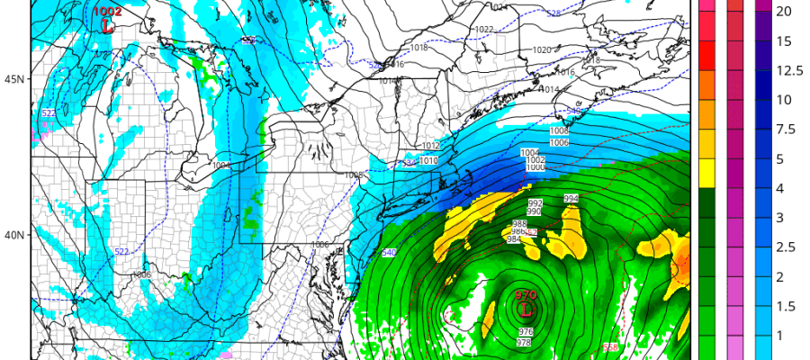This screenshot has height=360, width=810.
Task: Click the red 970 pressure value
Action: pos(526,295)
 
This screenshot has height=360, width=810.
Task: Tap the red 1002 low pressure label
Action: pos(107,12)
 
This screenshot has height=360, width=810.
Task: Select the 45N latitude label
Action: pos(13,79)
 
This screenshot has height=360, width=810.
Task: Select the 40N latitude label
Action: pos(13,235)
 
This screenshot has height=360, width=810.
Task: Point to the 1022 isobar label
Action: pos(484,30)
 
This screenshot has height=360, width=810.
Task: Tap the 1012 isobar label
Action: pos(430,146)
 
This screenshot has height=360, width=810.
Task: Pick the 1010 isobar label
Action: pos(429,160)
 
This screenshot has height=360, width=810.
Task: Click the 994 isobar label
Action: pos(571,198)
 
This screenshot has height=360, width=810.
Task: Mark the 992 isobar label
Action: pos(535,202)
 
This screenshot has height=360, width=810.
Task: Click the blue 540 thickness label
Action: pos(389,252)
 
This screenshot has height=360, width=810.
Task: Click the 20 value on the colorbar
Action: pos(784,11)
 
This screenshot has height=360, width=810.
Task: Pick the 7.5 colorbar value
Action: pos(784,129)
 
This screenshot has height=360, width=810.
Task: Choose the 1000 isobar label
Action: pos(535,167)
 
